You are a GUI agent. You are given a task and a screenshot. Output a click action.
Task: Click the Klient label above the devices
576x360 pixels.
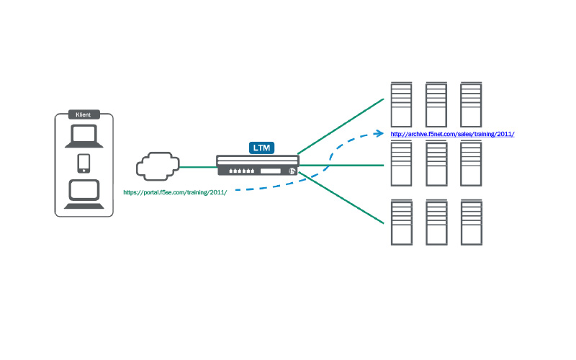84,114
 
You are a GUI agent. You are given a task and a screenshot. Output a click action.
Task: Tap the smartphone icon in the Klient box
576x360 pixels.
84,163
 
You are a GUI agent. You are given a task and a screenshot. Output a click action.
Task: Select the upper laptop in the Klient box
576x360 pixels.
84,136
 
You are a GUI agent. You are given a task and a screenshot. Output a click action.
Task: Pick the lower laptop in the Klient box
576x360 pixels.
84,194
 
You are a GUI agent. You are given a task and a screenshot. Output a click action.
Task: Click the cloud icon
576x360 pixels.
157,167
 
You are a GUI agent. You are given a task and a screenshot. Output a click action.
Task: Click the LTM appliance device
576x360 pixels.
258,166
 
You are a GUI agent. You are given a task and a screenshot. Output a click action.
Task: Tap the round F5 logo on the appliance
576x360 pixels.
292,171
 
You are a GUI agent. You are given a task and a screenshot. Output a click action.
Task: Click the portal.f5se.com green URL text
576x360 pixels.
175,193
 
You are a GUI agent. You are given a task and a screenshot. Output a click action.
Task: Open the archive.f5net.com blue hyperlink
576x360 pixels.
452,135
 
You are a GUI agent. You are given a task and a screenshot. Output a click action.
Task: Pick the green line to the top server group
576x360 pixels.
340,126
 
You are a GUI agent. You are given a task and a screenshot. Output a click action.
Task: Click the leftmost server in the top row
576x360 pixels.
401,105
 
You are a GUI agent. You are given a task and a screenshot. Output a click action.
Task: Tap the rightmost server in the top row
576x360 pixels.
471,105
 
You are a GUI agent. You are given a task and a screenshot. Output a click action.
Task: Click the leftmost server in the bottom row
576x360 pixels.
401,221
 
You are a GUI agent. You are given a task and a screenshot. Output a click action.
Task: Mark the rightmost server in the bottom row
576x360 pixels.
471,221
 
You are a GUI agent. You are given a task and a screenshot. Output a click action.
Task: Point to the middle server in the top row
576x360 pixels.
436,105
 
